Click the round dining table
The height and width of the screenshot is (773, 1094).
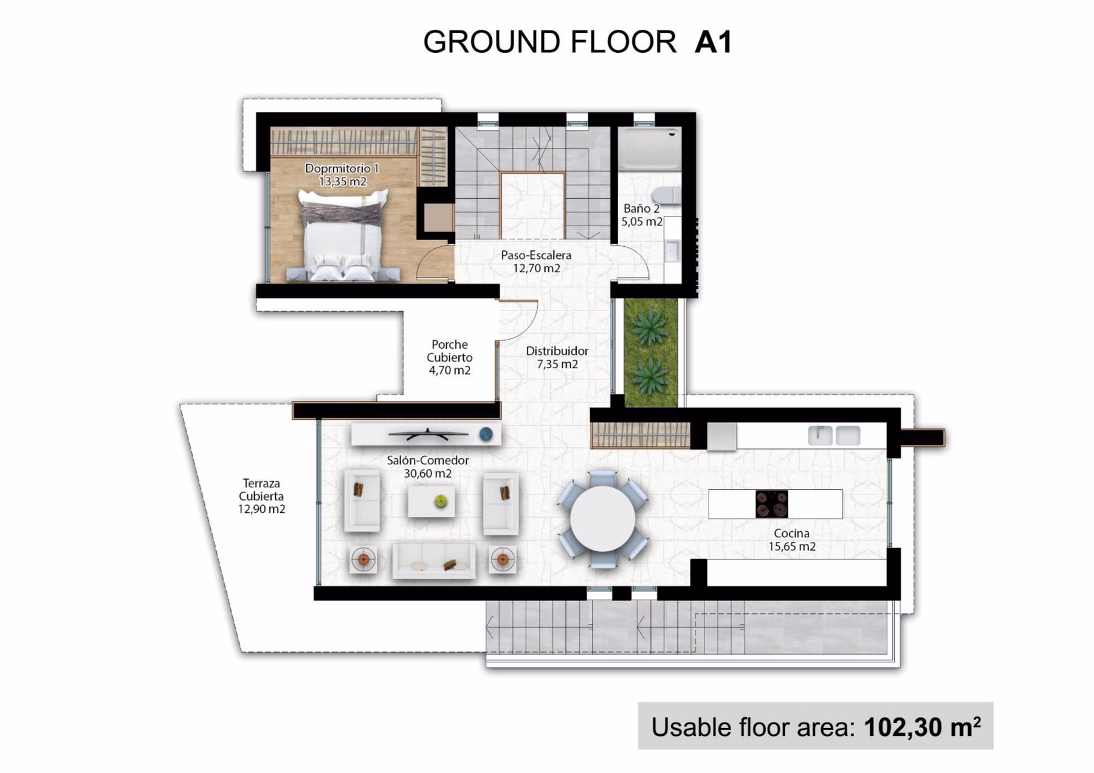pos(602,519)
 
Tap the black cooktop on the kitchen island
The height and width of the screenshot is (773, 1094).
pos(772,504)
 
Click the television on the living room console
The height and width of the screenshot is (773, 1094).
pos(428,434)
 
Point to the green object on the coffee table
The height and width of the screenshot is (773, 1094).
pos(441,501)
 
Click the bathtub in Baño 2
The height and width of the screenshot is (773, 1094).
pos(649,148)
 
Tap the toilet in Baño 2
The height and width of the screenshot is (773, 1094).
pos(666,195)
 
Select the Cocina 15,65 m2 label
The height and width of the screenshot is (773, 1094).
pos(791,540)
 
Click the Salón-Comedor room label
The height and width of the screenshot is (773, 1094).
pos(428,467)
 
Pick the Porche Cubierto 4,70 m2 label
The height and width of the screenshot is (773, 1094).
pos(450,357)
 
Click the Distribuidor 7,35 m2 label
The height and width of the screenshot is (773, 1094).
pos(557,357)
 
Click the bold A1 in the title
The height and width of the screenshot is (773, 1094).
pos(713,42)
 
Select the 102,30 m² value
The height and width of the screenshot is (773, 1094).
pos(922,727)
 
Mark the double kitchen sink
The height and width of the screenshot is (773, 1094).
pos(834,436)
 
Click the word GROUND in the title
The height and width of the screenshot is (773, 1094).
pos(492,42)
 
